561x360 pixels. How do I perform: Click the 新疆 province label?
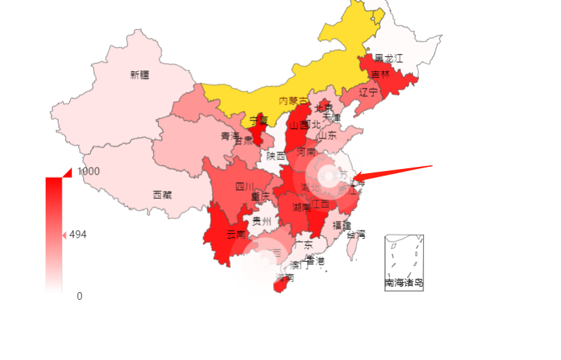click(139, 75)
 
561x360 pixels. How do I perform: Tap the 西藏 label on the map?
click(163, 195)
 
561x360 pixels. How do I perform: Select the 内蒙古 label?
click(293, 101)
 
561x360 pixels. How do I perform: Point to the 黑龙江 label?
click(388, 58)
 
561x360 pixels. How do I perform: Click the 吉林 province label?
click(380, 74)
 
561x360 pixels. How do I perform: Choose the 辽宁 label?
click(368, 92)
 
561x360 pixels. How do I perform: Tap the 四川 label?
click(244, 186)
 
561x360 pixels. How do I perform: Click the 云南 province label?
click(236, 234)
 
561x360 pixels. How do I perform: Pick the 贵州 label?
click(262, 222)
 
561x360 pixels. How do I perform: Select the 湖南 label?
click(301, 207)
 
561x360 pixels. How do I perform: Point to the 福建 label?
click(341, 225)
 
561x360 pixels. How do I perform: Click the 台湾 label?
click(355, 235)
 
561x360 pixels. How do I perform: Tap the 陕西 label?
click(276, 156)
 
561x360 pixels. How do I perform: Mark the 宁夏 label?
click(258, 120)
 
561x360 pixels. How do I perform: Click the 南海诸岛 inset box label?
click(404, 282)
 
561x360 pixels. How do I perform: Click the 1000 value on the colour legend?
click(89, 171)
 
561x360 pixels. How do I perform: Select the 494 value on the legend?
click(78, 235)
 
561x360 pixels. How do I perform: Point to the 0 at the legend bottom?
click(80, 296)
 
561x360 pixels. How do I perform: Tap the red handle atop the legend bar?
click(67, 172)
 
